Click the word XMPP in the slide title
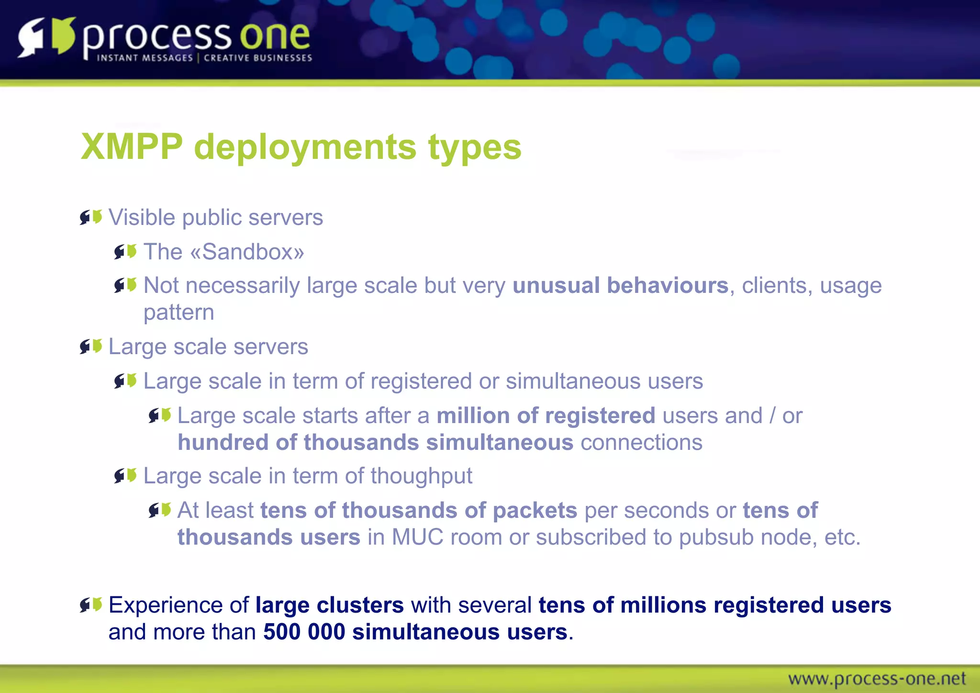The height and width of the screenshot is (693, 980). click(132, 146)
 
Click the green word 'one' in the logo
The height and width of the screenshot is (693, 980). click(275, 35)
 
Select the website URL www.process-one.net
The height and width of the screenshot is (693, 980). click(877, 679)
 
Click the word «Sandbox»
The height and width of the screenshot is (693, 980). click(247, 252)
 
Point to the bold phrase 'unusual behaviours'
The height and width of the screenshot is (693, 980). click(620, 285)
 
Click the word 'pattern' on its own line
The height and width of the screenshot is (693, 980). click(178, 313)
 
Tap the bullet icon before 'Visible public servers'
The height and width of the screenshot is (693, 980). click(91, 217)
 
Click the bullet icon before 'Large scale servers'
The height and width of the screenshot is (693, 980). click(91, 346)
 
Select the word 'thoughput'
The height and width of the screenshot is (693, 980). click(421, 476)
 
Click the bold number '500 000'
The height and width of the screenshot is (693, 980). click(304, 632)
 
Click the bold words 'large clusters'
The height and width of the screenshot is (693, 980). click(330, 605)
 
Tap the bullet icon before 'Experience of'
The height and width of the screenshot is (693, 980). click(91, 605)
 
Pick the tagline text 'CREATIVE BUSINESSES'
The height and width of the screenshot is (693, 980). click(258, 58)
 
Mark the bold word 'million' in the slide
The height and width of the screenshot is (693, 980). click(473, 415)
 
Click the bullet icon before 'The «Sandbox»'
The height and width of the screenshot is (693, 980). click(125, 251)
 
